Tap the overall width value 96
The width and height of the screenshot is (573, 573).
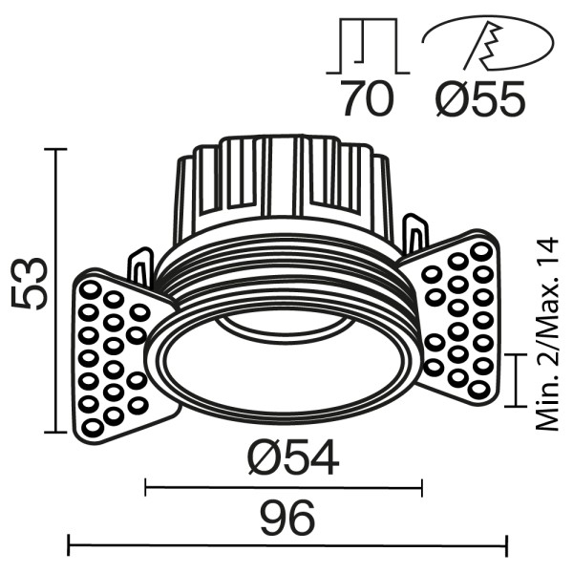(286, 520)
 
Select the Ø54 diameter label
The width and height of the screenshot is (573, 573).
(292, 461)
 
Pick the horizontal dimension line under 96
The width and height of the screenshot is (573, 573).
(286, 547)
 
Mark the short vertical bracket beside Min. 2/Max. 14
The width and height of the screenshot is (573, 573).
(516, 378)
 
